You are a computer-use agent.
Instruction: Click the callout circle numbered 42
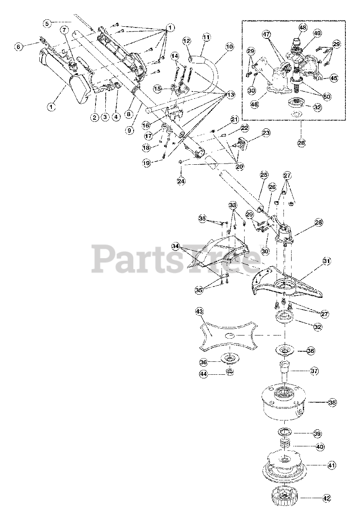(x=327, y=499)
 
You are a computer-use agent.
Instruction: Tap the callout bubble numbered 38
(x=332, y=403)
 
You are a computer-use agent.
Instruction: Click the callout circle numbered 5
(x=47, y=23)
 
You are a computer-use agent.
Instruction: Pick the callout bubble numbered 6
(x=18, y=47)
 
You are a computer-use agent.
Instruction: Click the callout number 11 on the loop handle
(x=207, y=37)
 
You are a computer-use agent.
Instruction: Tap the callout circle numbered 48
(x=303, y=28)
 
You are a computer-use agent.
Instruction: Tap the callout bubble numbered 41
(x=332, y=466)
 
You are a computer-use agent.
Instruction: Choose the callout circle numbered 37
(x=314, y=371)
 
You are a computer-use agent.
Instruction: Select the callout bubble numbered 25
(x=264, y=175)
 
